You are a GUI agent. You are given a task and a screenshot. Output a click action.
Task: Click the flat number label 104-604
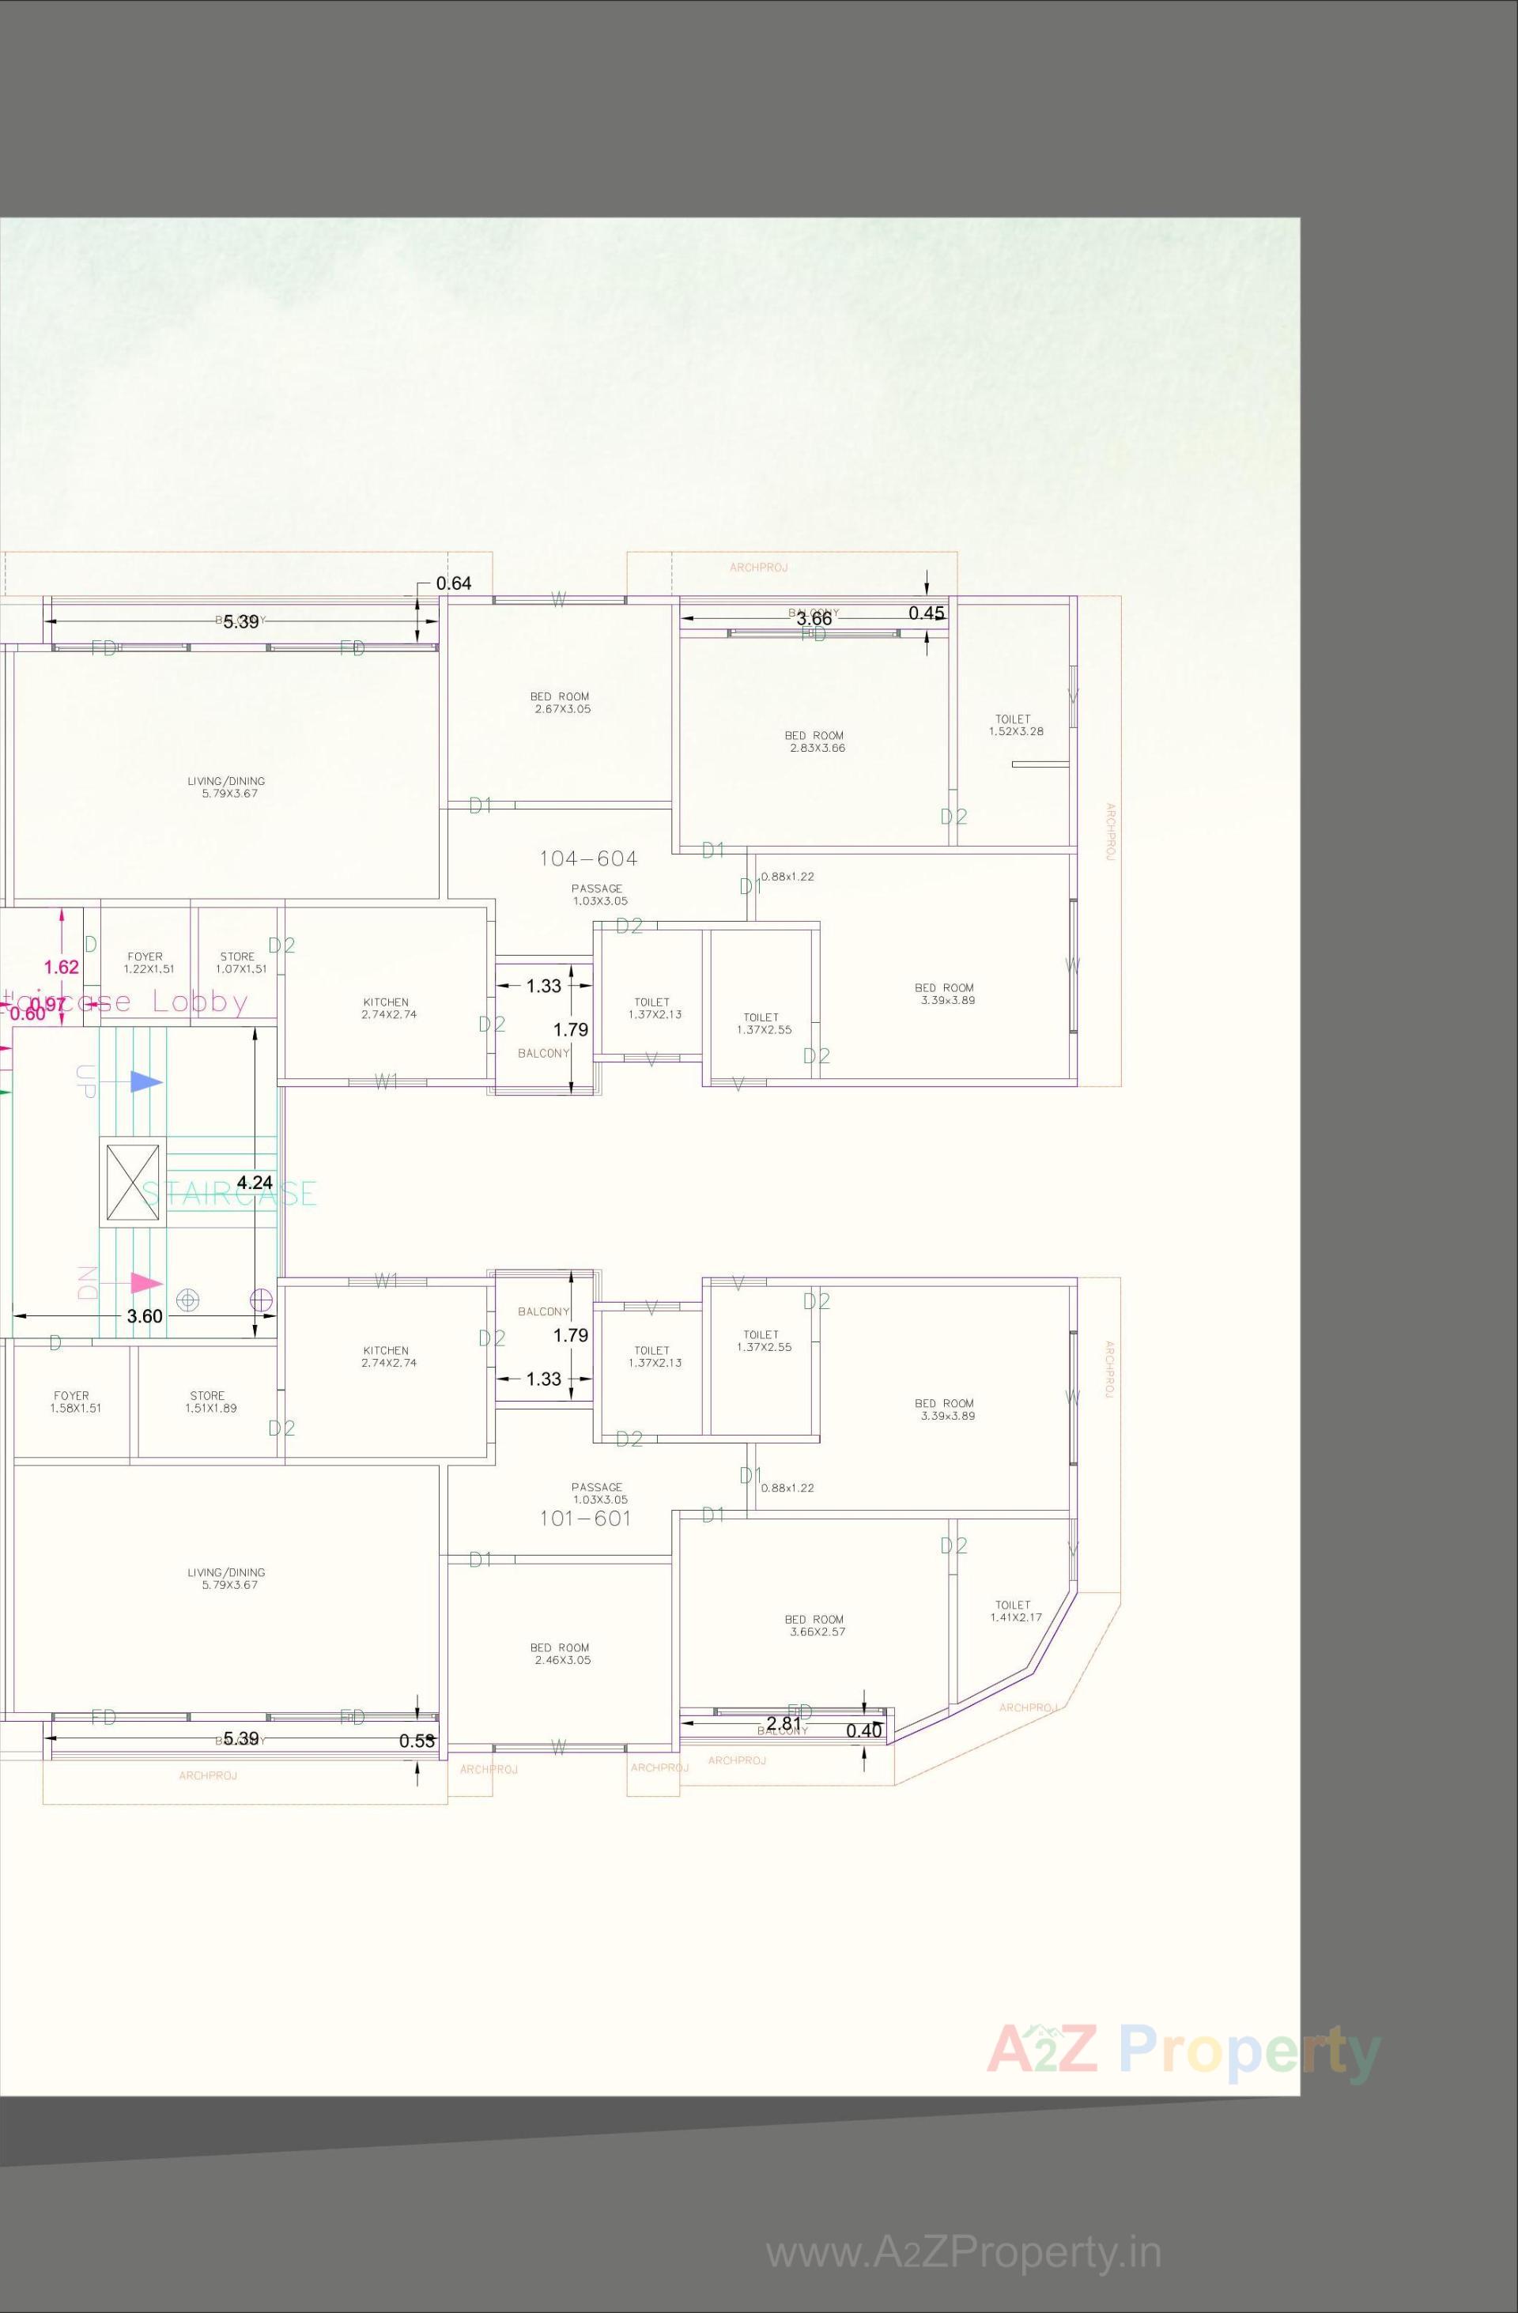(x=588, y=858)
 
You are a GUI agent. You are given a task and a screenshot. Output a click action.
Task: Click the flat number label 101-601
(x=585, y=1518)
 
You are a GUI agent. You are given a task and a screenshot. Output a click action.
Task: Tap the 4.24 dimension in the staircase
(x=255, y=1182)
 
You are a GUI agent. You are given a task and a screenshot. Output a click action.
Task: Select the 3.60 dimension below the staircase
(x=145, y=1316)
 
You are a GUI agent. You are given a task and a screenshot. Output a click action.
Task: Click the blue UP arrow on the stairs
(x=145, y=1081)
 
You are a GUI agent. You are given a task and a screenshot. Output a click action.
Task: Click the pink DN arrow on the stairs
(x=145, y=1283)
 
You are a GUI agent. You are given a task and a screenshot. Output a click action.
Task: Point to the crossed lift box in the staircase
(x=132, y=1182)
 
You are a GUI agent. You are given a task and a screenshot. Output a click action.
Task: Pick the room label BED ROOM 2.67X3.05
(x=560, y=703)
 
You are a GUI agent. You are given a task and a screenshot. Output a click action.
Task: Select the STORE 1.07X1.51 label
(x=240, y=963)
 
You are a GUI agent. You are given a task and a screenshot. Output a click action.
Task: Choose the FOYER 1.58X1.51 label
(x=74, y=1402)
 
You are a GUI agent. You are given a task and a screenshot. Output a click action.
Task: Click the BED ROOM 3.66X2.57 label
(x=815, y=1625)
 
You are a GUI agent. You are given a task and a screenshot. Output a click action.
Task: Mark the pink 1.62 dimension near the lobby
(x=61, y=967)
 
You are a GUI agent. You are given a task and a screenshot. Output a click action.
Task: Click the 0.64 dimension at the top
(x=453, y=583)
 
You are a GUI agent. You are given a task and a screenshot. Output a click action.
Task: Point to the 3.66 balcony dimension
(x=814, y=618)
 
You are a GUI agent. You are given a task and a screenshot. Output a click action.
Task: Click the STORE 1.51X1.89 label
(x=210, y=1402)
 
